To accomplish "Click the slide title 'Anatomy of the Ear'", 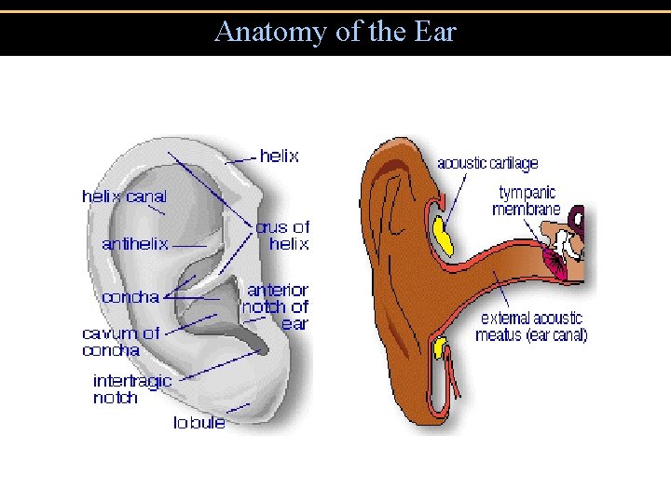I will click(x=335, y=32).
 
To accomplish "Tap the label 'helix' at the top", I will click(x=279, y=156).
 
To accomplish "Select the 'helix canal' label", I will click(x=124, y=197).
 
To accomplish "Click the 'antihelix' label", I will click(x=135, y=244).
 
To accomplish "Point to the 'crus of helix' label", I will click(x=283, y=235).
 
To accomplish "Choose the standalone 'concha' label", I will click(x=130, y=297).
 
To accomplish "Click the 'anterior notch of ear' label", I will click(x=276, y=306).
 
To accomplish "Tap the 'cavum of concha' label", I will click(x=120, y=341).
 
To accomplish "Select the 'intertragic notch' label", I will click(x=131, y=388).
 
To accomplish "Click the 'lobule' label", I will click(x=199, y=422).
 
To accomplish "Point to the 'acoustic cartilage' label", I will click(x=487, y=163).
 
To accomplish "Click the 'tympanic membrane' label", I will click(x=527, y=200).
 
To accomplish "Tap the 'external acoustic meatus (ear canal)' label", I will click(x=531, y=326).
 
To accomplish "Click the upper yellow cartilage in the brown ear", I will click(x=442, y=237).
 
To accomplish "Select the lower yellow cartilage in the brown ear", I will click(x=440, y=349).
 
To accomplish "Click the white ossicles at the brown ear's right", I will click(x=568, y=243).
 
